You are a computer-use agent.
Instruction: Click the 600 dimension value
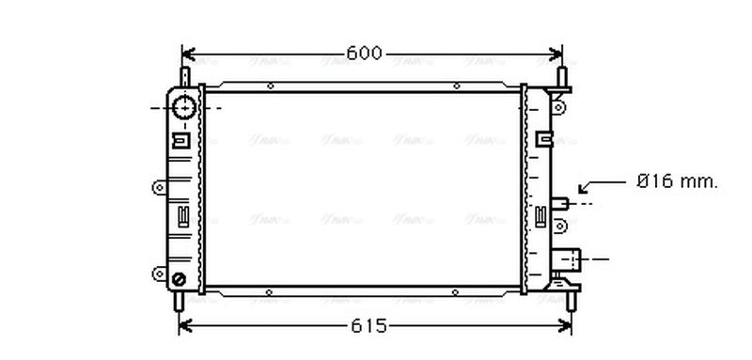[365, 54]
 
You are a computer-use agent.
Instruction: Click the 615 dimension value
[369, 326]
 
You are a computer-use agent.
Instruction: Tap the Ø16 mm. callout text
[677, 182]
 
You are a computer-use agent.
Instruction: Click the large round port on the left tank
[185, 107]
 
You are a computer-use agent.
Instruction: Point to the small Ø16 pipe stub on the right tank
[562, 201]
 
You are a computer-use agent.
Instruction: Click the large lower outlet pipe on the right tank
[571, 258]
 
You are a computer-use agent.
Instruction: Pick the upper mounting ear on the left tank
[158, 186]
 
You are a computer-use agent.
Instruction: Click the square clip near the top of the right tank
[542, 139]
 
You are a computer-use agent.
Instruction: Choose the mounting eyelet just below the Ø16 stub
[562, 226]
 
